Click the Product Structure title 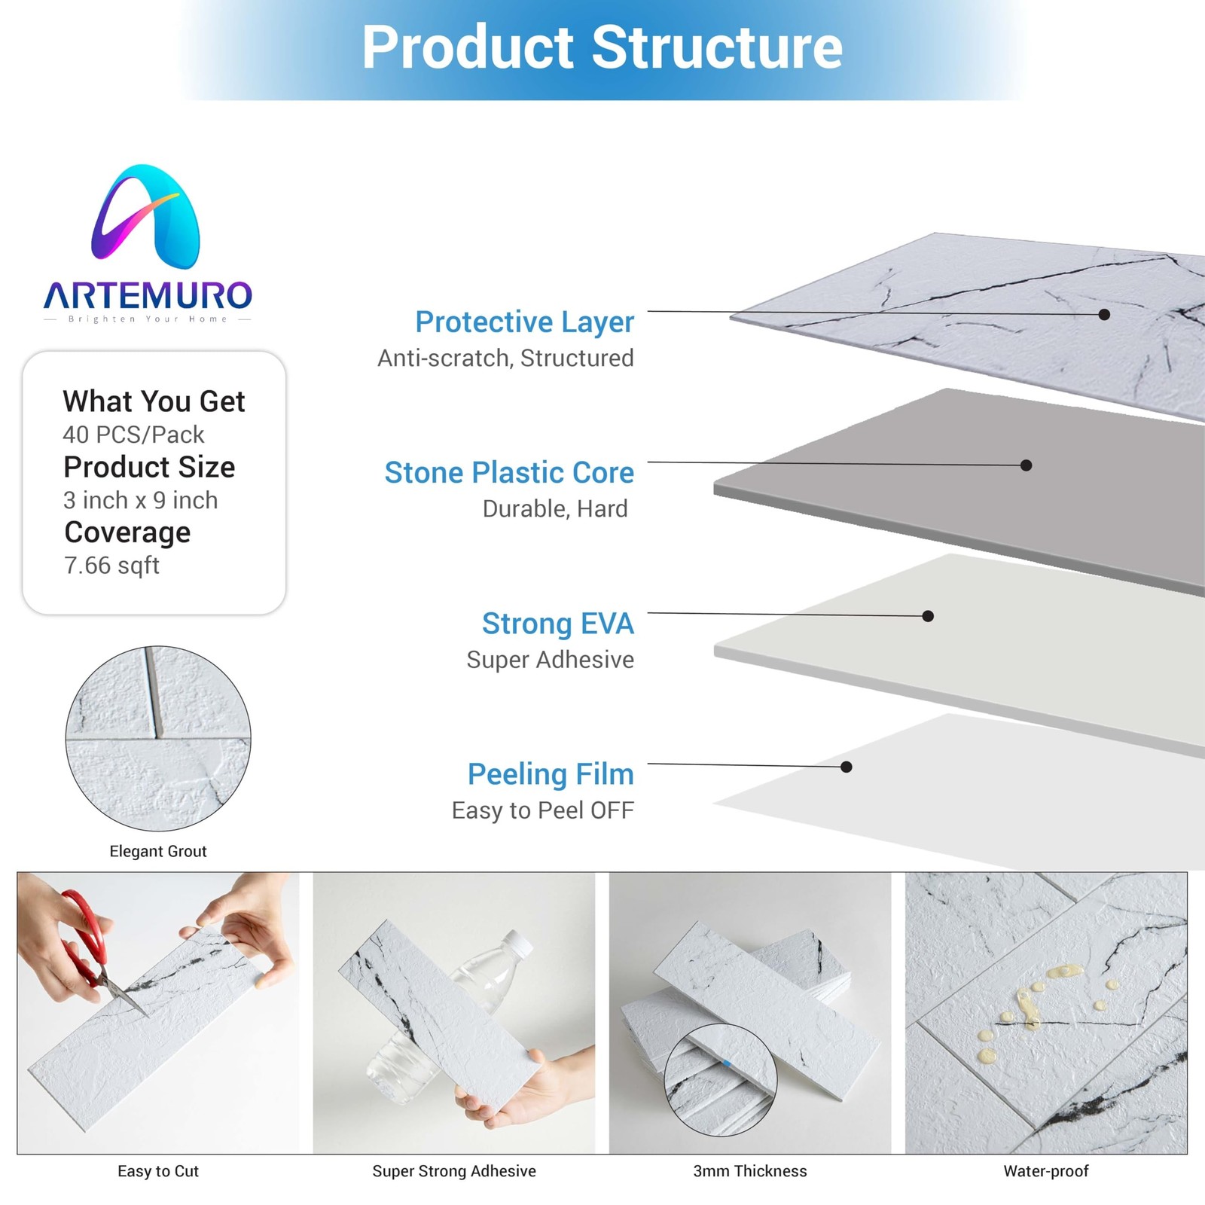pos(602,47)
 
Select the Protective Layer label pos(524,322)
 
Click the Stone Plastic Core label pos(509,473)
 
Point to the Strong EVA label pos(557,624)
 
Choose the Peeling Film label pos(550,774)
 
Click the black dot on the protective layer pos(1104,314)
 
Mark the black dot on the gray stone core pos(1026,465)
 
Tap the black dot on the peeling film pos(847,767)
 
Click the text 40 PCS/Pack pos(133,435)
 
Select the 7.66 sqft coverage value pos(111,566)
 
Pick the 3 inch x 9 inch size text pos(140,500)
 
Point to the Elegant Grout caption pos(158,851)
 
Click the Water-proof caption pos(1045,1171)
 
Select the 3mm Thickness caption pos(749,1171)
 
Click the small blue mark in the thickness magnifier pos(727,1064)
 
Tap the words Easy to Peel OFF pos(542,810)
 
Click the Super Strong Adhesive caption pos(454,1171)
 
